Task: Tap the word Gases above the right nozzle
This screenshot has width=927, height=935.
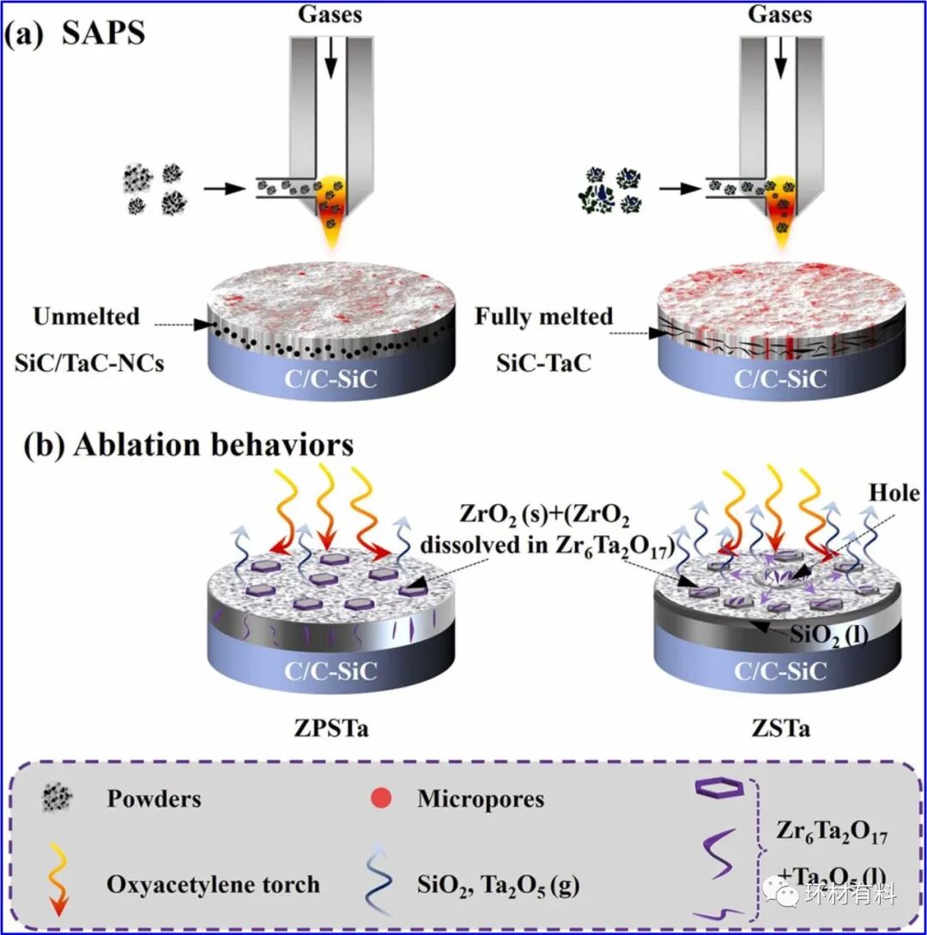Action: point(779,14)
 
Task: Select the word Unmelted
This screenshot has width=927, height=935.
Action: point(86,317)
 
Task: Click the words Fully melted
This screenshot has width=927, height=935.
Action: point(544,317)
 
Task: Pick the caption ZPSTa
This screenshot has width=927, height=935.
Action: point(330,730)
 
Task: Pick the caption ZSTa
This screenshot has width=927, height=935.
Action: point(779,730)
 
